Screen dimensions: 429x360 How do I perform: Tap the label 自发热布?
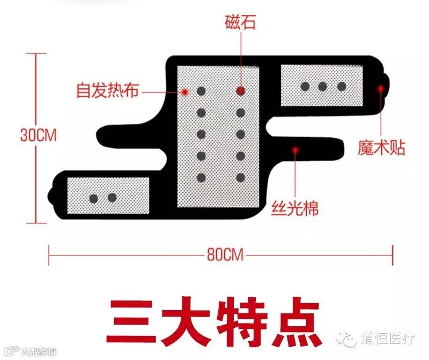point(107,91)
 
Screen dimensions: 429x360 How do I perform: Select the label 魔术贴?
point(381,148)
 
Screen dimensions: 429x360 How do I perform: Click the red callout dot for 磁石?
point(241,91)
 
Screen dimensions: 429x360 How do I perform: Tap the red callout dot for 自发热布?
point(184,92)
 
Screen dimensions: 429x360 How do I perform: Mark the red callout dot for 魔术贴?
point(380,88)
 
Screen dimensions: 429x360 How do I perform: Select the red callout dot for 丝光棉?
point(294,151)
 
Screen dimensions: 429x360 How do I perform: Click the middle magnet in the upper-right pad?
point(323,86)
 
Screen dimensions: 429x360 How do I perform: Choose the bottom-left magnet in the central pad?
point(202,177)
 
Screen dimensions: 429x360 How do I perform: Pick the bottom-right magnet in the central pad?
point(241,177)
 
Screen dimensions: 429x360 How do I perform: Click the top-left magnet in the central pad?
point(202,91)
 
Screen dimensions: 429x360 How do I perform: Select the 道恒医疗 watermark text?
point(388,339)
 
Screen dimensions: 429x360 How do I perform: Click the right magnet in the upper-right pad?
point(342,86)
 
